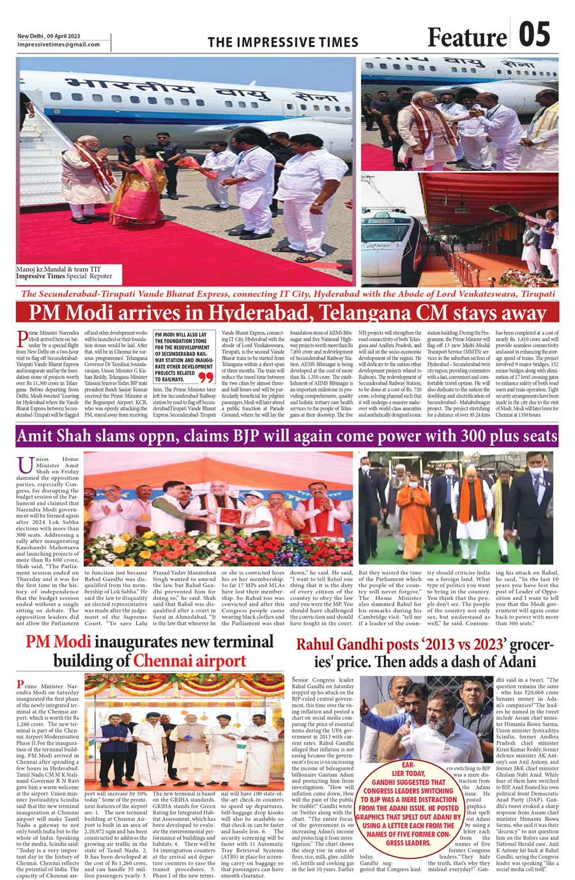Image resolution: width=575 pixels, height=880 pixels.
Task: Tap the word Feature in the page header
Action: (x=466, y=38)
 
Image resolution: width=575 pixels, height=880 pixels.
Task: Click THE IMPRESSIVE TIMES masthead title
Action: (x=283, y=42)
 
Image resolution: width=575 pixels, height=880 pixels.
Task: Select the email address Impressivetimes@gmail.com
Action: (x=58, y=44)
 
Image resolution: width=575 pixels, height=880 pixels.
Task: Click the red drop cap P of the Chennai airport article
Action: (x=22, y=685)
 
